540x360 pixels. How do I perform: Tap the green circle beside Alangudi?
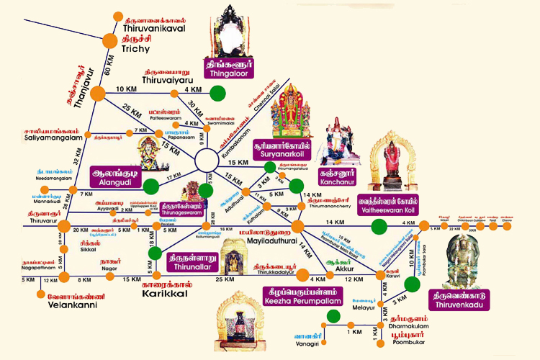pos(150,186)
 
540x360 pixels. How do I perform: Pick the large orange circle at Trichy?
pos(109,41)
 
